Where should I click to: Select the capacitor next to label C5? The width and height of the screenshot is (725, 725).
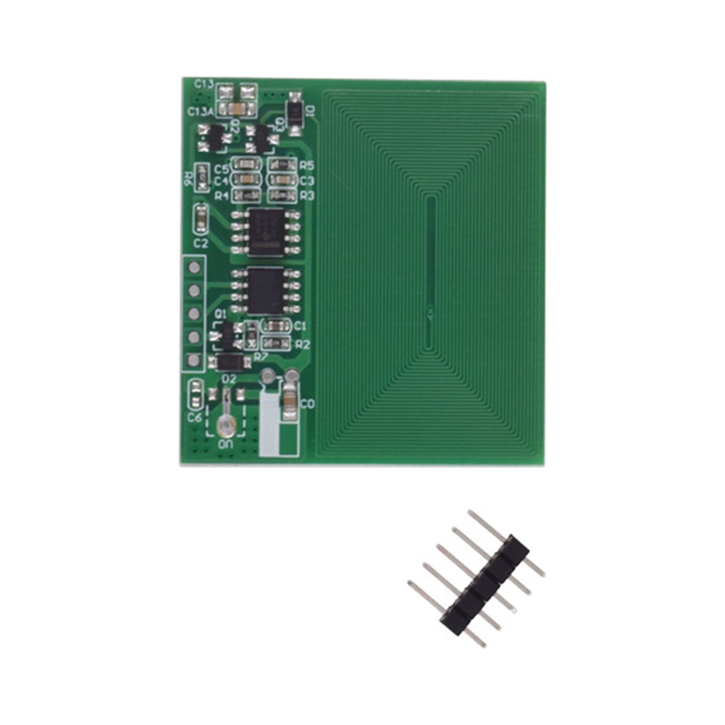pos(248,166)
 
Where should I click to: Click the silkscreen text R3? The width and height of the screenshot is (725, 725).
pos(306,196)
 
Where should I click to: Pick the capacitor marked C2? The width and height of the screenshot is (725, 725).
pos(201,216)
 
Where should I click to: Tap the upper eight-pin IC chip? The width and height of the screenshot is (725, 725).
pos(266,230)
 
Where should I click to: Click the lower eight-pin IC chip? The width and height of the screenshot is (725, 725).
pos(266,289)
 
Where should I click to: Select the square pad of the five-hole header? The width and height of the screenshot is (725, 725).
pos(193,360)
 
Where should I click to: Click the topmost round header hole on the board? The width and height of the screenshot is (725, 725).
pos(193,267)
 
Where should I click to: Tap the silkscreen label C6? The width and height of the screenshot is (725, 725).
pos(194,418)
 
